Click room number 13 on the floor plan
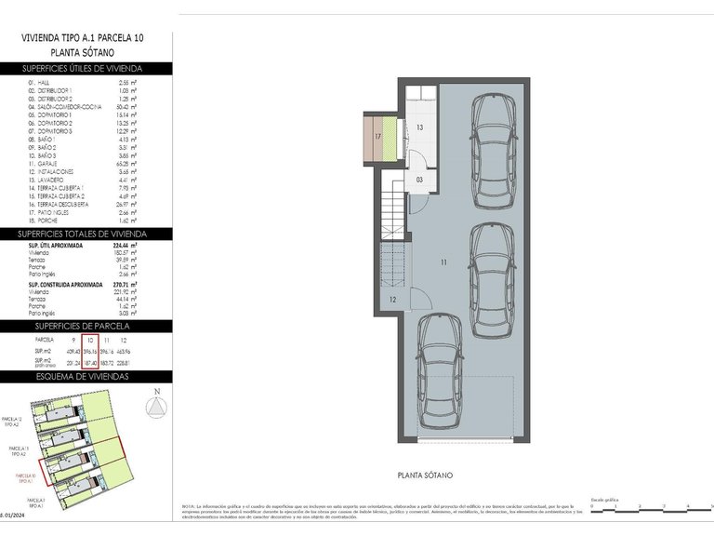[420, 127]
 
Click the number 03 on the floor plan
[420, 179]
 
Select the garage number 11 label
[443, 263]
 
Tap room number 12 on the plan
[393, 299]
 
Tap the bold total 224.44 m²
[125, 246]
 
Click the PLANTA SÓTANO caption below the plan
[425, 476]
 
